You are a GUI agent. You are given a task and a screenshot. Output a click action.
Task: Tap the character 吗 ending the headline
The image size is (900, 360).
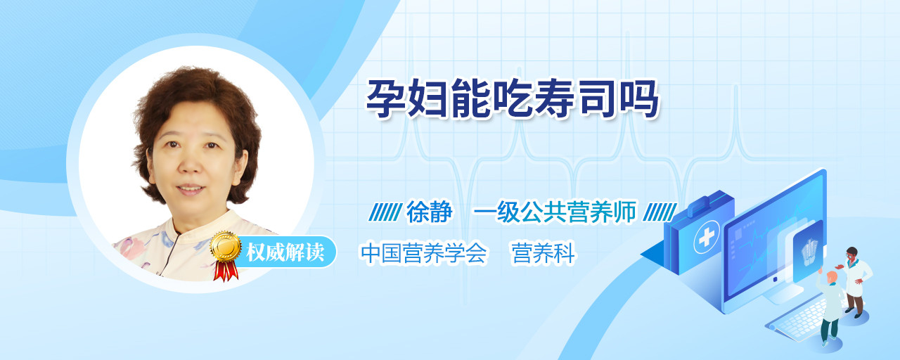coord(639,98)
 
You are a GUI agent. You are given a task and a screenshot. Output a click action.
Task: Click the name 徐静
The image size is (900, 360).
coord(429,212)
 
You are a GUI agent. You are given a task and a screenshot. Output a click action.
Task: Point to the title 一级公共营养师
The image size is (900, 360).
coord(555,212)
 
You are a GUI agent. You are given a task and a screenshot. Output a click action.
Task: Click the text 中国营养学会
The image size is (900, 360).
coord(423,253)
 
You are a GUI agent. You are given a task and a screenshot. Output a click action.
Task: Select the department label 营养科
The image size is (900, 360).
coord(544,253)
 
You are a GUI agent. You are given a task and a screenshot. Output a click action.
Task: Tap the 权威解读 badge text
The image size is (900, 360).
coord(285,252)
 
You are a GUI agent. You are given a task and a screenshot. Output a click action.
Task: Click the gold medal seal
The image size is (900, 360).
coord(226,246)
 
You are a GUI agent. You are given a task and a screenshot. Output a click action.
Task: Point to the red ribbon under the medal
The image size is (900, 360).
coord(226,271)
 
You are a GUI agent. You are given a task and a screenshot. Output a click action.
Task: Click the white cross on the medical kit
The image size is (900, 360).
coord(707,237)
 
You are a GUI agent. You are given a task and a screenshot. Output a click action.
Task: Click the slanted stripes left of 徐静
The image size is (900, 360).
coord(385,212)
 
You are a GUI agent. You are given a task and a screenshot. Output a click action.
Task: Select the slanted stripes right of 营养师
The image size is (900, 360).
coord(660,212)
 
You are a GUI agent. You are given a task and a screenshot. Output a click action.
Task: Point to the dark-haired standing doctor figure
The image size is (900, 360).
coord(855,282)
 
